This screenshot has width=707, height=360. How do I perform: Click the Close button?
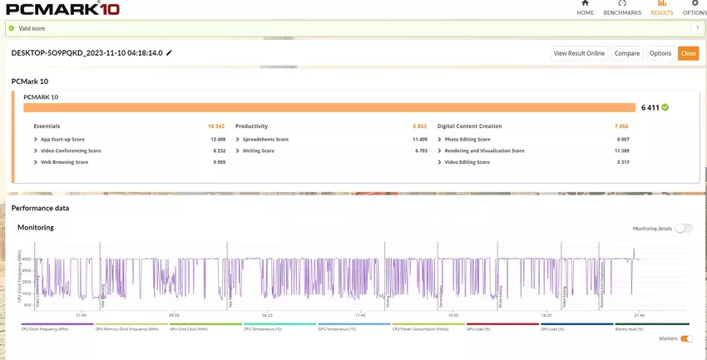point(688,53)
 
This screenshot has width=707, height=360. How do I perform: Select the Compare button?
point(626,53)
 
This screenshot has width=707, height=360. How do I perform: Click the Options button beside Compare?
point(660,53)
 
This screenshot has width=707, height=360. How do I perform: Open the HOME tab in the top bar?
point(586,8)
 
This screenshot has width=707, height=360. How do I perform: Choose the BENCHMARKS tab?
point(622,8)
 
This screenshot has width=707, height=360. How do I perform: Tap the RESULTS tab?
point(662,8)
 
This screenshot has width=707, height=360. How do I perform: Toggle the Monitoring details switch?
point(683,228)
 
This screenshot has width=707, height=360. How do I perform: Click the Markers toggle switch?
point(686,338)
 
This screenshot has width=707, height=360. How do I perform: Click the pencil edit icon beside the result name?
point(170,52)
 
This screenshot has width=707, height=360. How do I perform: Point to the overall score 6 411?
point(650,107)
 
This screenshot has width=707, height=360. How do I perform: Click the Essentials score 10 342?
point(216,126)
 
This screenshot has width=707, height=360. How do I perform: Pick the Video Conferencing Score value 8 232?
point(218,150)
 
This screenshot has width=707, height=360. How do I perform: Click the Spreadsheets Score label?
point(265,139)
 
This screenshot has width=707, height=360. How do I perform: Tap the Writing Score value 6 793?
point(421,150)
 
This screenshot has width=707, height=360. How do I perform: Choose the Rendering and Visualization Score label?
point(484,150)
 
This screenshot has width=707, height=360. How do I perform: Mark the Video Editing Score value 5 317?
point(622,162)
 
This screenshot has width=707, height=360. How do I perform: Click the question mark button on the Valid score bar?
point(697,27)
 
